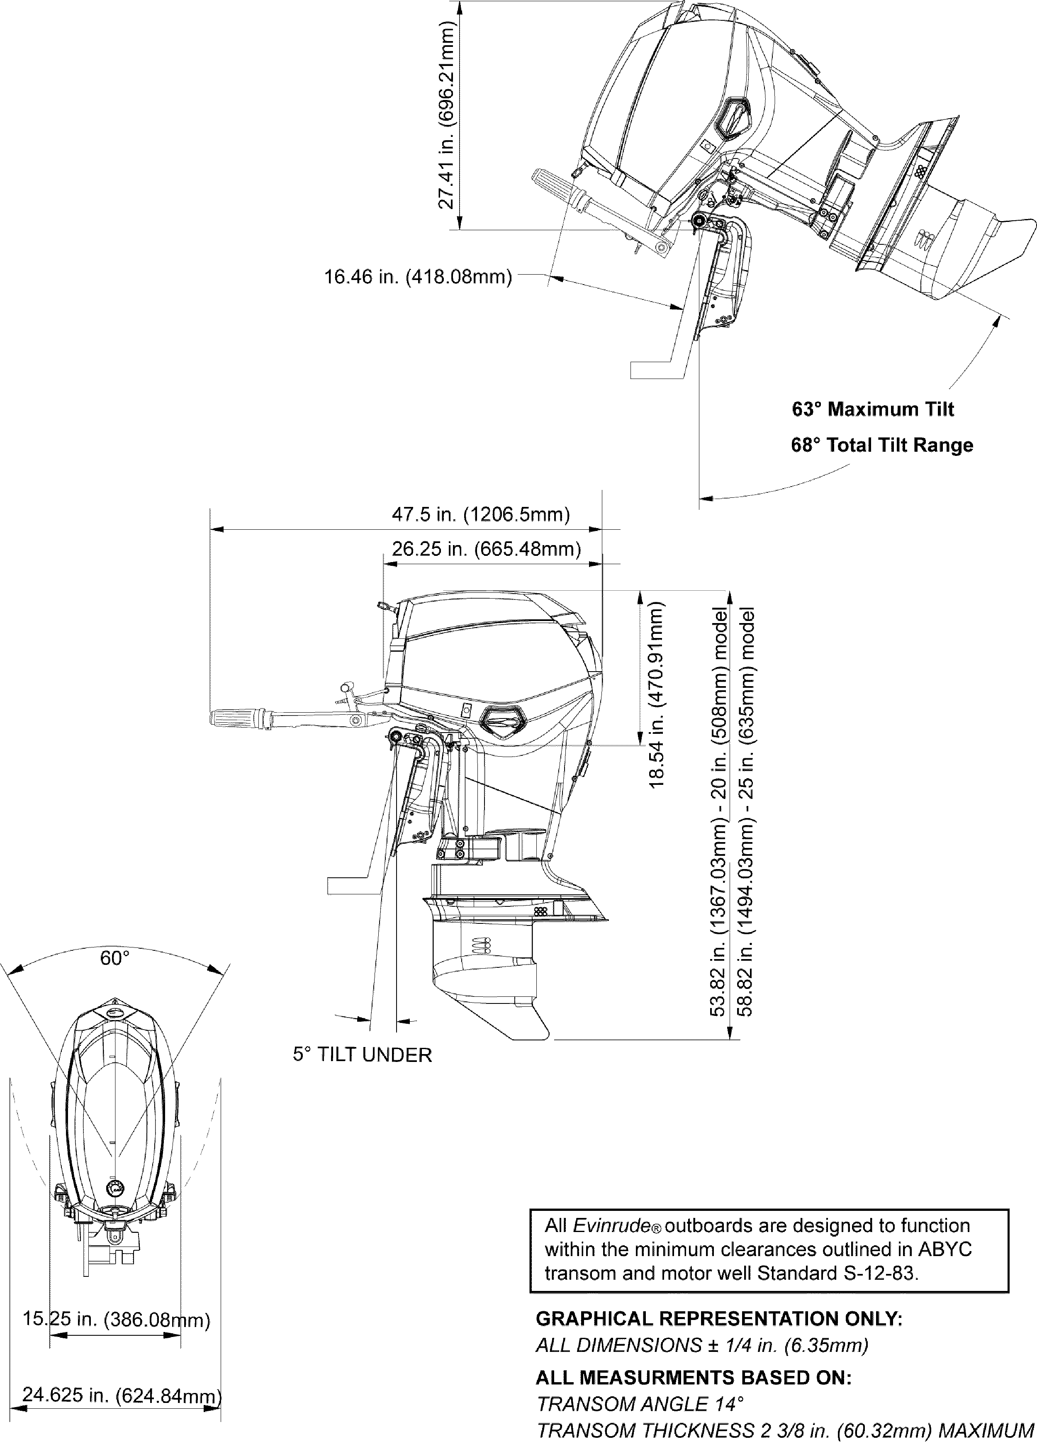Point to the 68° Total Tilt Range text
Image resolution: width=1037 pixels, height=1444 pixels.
pyautogui.click(x=882, y=445)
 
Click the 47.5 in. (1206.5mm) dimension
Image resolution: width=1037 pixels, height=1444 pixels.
pyautogui.click(x=481, y=514)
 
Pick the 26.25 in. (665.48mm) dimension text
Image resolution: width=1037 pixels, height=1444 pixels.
pyautogui.click(x=486, y=549)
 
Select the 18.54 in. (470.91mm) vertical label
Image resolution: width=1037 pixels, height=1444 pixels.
pyautogui.click(x=656, y=695)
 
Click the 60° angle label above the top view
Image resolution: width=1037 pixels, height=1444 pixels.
pyautogui.click(x=114, y=958)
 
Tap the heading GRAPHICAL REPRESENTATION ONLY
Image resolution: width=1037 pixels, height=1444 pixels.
pyautogui.click(x=719, y=1319)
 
